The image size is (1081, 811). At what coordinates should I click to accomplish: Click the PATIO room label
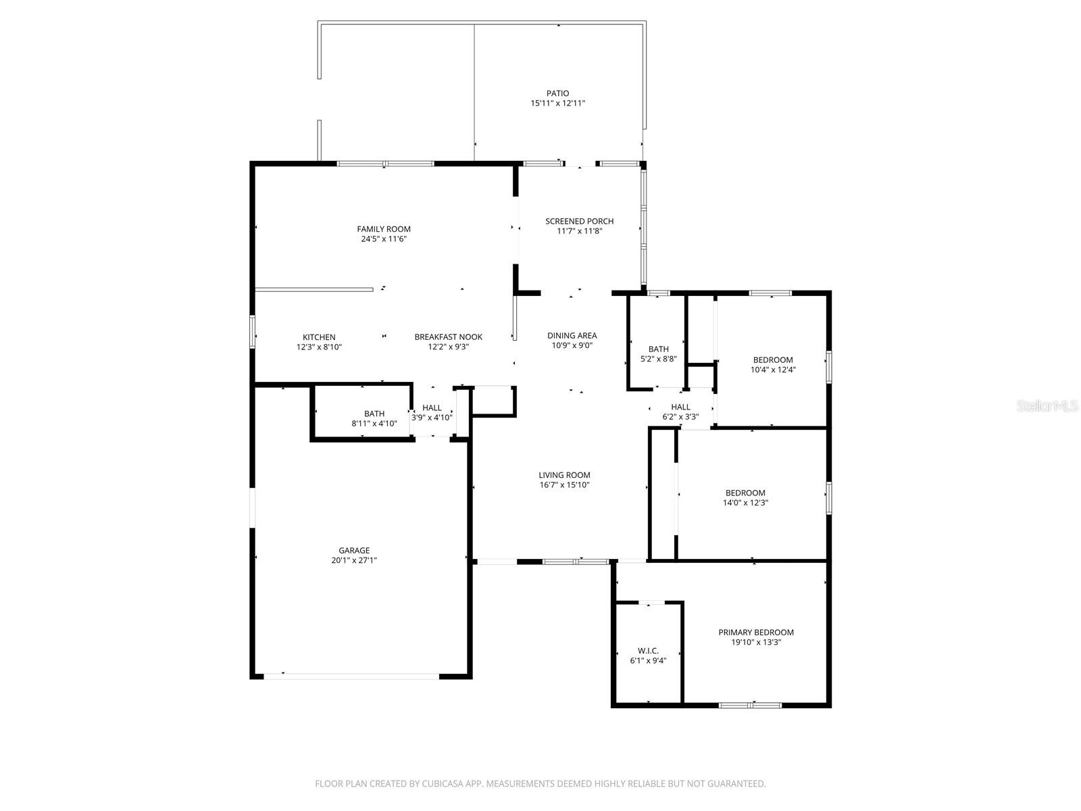pos(557,93)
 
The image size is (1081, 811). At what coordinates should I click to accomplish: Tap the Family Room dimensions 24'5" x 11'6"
pos(384,239)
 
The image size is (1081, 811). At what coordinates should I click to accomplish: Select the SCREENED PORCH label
pos(579,221)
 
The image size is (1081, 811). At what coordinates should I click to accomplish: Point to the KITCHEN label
pos(319,337)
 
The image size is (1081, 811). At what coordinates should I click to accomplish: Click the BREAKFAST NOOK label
pos(448,337)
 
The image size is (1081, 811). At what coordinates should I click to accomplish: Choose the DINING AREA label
pos(572,335)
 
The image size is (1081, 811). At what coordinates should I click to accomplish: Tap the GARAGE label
pos(354,550)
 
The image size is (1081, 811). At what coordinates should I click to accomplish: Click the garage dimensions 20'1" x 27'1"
pos(354,560)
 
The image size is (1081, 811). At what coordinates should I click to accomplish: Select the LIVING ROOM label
pos(564,475)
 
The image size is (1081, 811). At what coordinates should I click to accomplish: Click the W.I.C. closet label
pos(648,651)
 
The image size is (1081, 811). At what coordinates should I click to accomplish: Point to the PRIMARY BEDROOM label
pos(755,633)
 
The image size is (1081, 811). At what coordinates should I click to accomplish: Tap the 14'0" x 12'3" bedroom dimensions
pos(745,503)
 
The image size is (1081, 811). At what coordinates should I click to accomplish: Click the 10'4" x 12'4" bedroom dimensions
pos(773,370)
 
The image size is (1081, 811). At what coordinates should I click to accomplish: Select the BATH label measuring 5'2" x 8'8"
pos(658,349)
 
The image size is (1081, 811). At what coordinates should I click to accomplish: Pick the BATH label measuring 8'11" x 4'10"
pos(374,414)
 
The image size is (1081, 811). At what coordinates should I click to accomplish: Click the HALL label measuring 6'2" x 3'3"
pos(680,407)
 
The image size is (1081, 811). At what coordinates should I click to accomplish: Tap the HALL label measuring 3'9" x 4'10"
pos(432,408)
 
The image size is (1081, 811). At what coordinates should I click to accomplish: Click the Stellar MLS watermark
pos(1048,406)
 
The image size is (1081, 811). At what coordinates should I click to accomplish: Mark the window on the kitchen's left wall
pos(253,332)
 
